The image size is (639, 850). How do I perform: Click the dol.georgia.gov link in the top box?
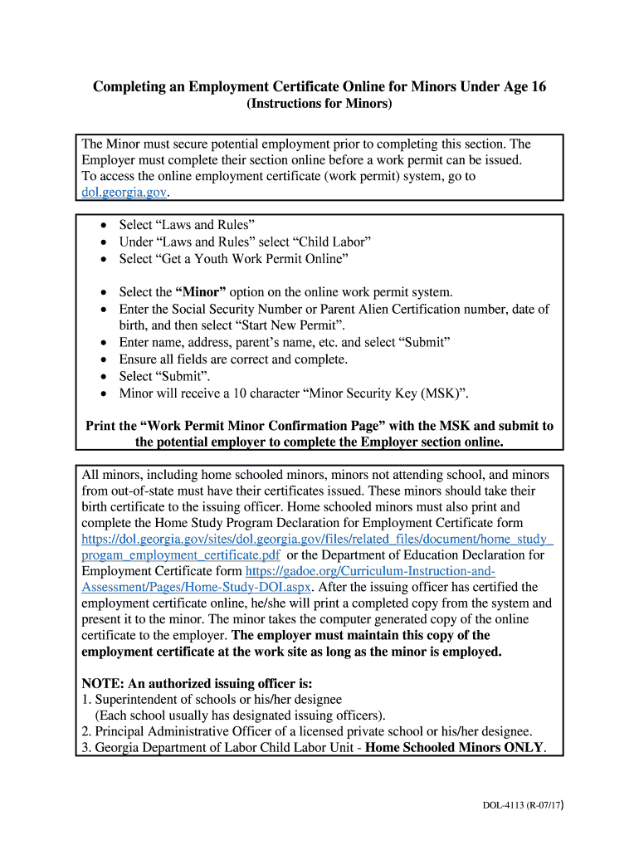click(124, 192)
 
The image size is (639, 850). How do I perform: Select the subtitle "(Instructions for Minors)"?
click(319, 104)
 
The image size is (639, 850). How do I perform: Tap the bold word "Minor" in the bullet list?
click(201, 292)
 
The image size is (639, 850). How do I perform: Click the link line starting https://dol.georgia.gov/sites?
click(317, 539)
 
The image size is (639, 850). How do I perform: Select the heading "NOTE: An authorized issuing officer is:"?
click(197, 683)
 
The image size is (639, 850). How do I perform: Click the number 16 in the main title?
click(537, 86)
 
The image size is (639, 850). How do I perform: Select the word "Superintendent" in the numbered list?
click(138, 700)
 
